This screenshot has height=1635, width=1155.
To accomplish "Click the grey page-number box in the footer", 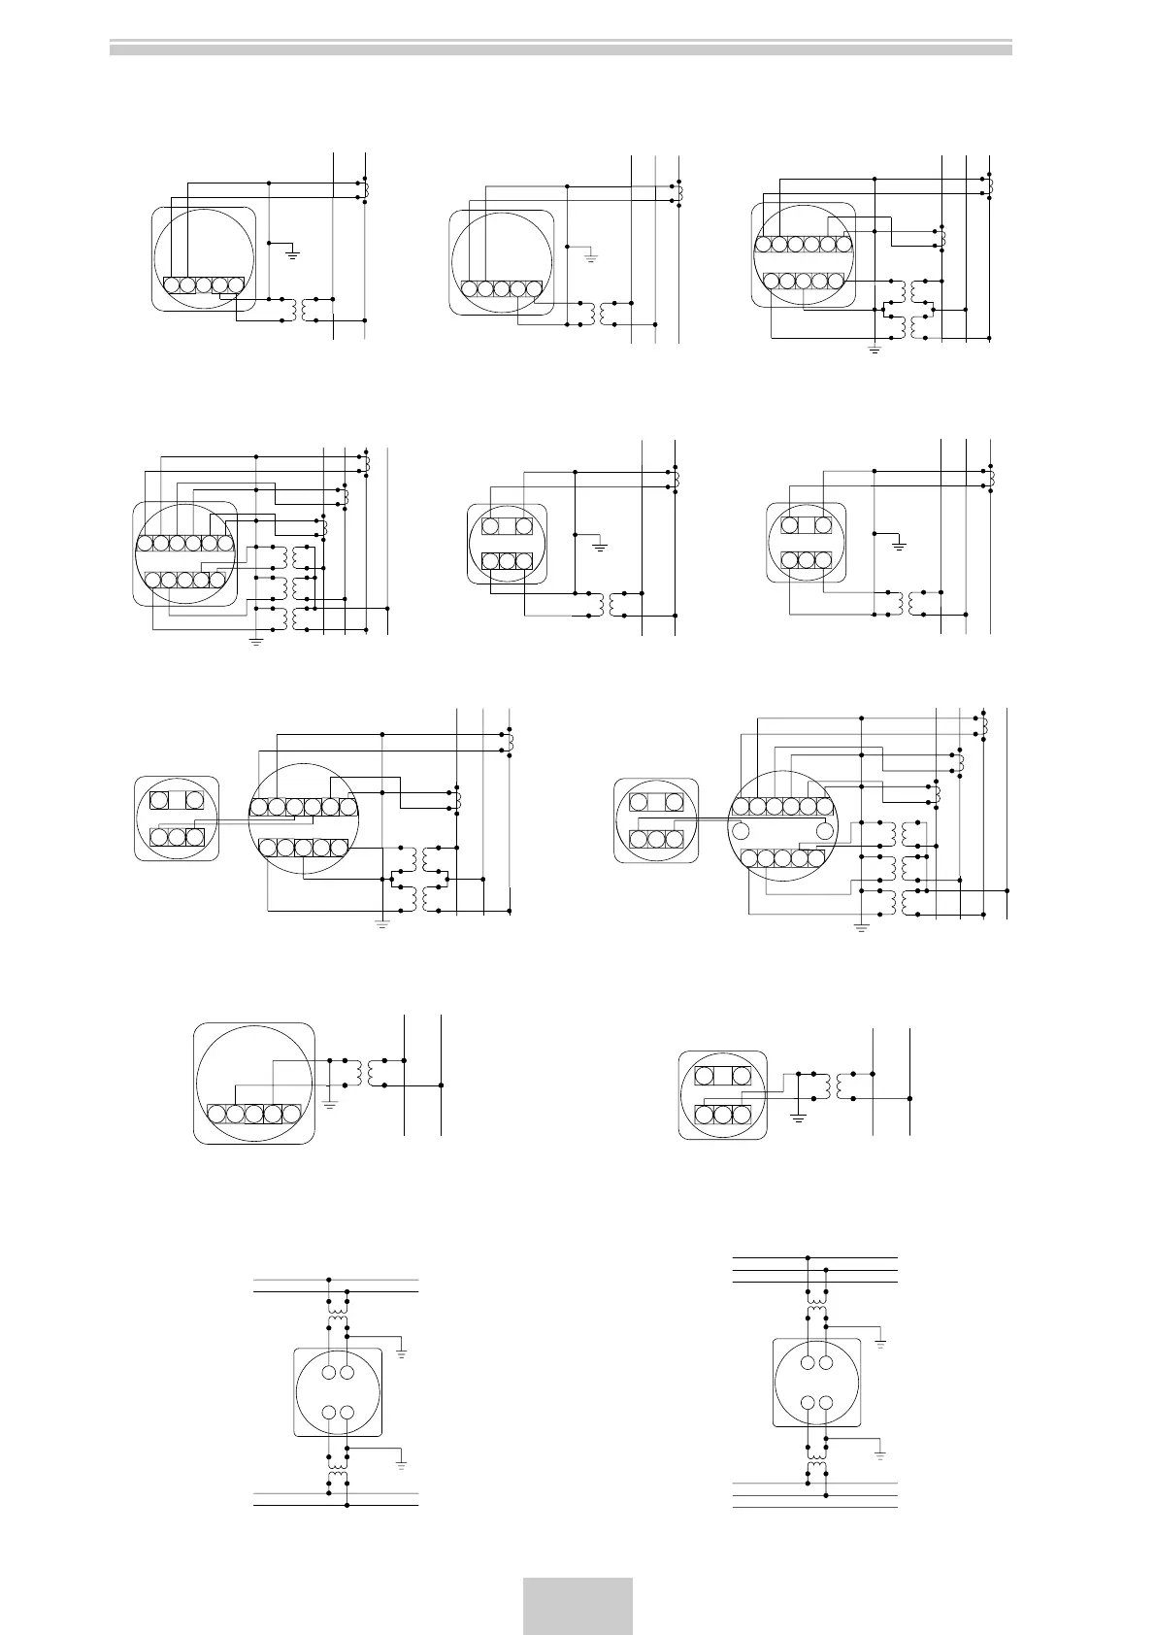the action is coord(577,1606).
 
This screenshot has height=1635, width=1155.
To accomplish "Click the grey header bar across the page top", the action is coord(560,47).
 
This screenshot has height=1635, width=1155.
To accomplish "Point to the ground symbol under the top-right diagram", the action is coord(874,349).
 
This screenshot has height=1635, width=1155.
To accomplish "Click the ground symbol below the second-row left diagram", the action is coord(256,641).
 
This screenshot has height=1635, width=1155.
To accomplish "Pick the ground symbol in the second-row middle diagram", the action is coord(600,548).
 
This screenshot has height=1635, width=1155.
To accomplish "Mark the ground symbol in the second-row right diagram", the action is coord(899,547).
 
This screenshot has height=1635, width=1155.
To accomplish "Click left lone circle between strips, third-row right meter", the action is coord(742,830).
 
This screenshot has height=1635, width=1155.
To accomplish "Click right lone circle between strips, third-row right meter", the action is coord(826,830).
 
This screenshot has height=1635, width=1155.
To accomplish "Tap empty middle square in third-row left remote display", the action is coord(176,801).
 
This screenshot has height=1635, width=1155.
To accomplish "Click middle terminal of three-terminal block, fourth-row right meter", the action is coord(723,1114).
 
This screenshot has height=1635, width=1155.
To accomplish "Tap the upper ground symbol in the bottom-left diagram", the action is coord(402,1351).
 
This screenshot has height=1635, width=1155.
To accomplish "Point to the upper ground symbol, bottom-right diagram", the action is coord(880,1343).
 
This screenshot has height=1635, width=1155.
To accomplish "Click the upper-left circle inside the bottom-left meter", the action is coord(329,1373).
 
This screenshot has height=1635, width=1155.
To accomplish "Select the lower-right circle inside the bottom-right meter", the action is coord(826,1402).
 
